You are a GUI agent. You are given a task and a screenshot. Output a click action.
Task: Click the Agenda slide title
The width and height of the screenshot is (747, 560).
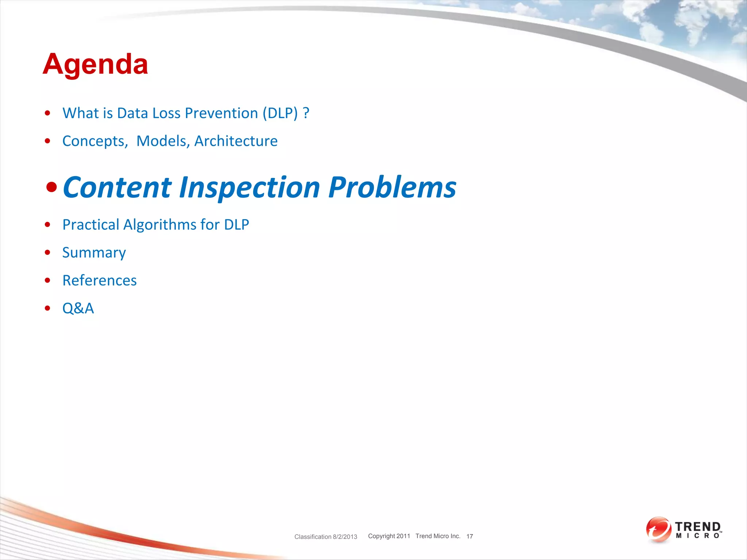95,65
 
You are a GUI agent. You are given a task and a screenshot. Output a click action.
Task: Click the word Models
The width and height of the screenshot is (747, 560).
163,141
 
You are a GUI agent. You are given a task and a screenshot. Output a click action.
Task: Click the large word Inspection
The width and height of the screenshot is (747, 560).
249,188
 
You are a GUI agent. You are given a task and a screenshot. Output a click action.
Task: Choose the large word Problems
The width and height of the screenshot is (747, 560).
392,188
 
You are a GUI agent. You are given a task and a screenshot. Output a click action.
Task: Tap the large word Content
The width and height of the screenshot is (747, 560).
117,188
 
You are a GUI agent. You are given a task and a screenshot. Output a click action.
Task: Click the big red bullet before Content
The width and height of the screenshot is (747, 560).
51,188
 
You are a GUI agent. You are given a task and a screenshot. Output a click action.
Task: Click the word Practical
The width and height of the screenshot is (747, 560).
91,225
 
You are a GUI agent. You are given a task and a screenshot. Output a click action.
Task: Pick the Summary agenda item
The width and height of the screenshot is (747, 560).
94,253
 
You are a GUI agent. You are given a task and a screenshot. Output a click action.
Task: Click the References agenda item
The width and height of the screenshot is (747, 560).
100,281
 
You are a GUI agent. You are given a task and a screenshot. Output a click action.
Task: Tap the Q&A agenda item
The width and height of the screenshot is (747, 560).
78,308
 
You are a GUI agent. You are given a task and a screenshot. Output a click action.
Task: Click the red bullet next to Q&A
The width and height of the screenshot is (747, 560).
47,308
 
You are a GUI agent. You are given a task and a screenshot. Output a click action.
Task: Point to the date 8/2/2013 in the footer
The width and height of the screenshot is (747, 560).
345,537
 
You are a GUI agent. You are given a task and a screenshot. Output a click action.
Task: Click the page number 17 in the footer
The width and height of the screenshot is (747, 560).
469,536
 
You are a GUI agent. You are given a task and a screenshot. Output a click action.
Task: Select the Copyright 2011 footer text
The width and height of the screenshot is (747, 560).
389,536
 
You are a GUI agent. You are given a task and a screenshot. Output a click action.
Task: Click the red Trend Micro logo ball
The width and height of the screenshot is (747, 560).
658,529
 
